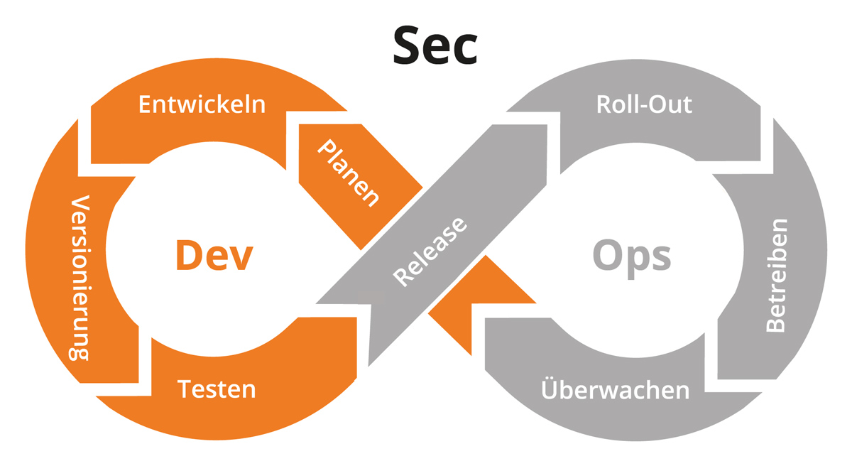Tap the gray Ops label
pyautogui.click(x=632, y=256)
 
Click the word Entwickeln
pyautogui.click(x=202, y=104)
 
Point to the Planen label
pyautogui.click(x=347, y=173)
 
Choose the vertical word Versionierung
pyautogui.click(x=80, y=278)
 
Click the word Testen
pyautogui.click(x=217, y=389)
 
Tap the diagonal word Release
pyautogui.click(x=431, y=251)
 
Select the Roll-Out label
pyautogui.click(x=643, y=104)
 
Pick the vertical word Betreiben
pyautogui.click(x=775, y=276)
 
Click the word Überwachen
pyautogui.click(x=615, y=390)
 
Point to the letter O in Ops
pyautogui.click(x=608, y=256)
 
